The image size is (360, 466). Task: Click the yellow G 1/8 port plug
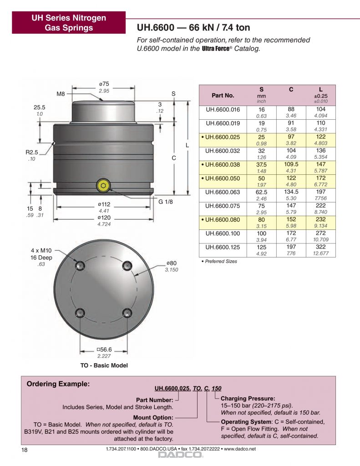(x=103, y=186)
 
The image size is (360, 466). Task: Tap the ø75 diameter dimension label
(x=104, y=84)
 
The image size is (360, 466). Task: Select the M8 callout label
(x=61, y=94)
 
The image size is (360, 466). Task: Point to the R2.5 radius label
(x=32, y=152)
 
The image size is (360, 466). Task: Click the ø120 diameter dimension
(x=104, y=218)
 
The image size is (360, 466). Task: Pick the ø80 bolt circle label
(x=172, y=263)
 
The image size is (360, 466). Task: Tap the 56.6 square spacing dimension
(x=104, y=349)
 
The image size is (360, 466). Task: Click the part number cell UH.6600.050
(x=223, y=178)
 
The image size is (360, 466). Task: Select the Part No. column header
(x=223, y=96)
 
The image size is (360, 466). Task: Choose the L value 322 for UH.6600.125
(x=321, y=247)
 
